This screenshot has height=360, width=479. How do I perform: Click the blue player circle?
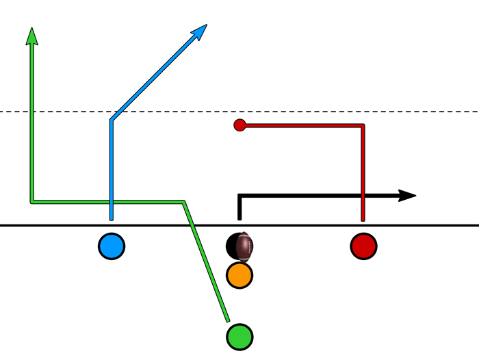tap(111, 246)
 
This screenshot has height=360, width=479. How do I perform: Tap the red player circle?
tap(363, 246)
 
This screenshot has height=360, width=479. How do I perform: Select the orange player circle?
tap(239, 274)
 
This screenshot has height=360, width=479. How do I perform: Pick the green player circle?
tap(239, 336)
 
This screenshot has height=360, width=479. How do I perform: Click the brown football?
tap(244, 246)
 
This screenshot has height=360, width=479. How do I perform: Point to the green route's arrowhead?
tap(31, 36)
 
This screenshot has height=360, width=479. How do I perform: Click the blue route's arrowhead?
tap(200, 31)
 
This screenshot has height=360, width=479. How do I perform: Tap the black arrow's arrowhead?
tap(408, 196)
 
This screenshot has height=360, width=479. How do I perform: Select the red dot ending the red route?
tap(239, 125)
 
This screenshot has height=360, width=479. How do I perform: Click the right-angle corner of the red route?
tap(363, 125)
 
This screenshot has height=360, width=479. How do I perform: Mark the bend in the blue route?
tap(111, 120)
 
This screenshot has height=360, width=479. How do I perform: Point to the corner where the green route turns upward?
tap(31, 201)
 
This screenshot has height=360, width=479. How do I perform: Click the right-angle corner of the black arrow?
tap(239, 196)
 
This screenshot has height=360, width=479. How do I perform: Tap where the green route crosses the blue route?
tap(111, 201)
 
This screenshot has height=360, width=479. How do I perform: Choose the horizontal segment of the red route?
tap(301, 125)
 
